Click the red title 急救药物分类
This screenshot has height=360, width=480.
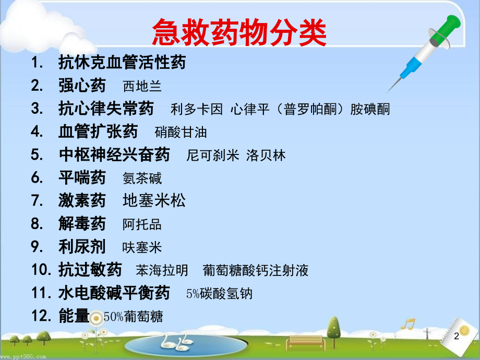(239, 32)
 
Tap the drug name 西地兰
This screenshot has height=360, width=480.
(142, 86)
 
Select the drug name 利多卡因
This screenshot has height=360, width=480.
(197, 109)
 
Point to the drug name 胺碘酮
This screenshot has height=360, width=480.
(370, 109)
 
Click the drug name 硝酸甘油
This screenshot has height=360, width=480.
(181, 133)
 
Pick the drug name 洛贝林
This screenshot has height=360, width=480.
(266, 155)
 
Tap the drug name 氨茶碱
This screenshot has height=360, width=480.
(142, 178)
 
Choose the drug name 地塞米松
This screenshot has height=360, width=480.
(154, 201)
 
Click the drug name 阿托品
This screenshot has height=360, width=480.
(142, 224)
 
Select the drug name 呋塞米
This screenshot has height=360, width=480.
(142, 248)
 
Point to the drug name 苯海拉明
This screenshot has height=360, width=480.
(162, 271)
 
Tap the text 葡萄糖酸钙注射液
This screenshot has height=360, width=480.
(255, 271)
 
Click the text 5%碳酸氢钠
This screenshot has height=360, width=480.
(219, 294)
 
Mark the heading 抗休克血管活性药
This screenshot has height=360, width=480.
(122, 62)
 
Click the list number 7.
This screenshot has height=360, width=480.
(37, 201)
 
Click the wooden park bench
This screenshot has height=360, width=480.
(304, 343)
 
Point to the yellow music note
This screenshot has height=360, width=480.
(408, 324)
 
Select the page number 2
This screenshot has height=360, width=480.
(457, 336)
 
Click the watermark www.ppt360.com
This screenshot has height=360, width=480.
(23, 357)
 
